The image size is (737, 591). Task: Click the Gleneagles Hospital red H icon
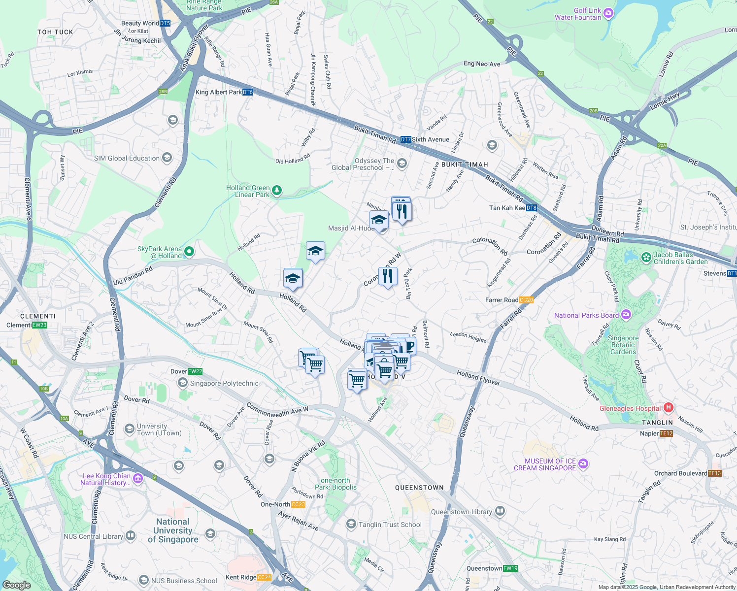[668, 408]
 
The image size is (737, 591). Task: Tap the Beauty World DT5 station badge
[165, 23]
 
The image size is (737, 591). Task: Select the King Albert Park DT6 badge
[247, 92]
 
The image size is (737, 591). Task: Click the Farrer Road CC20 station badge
[526, 300]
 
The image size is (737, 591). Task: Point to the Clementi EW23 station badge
[39, 325]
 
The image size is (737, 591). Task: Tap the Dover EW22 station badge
[195, 371]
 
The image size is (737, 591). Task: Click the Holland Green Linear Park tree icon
[277, 191]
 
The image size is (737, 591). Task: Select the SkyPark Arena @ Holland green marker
[189, 252]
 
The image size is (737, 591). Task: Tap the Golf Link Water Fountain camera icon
[608, 13]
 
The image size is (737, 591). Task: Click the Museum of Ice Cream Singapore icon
[583, 464]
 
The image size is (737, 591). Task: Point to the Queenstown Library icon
[500, 511]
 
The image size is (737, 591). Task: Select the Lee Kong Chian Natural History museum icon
[138, 479]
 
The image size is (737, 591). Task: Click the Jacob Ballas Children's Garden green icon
[646, 258]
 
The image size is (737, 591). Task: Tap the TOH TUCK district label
[55, 32]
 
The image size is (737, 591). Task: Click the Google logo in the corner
[16, 585]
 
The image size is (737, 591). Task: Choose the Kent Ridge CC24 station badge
[264, 577]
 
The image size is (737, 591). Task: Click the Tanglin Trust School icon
[351, 524]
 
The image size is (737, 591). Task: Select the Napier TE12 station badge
[666, 433]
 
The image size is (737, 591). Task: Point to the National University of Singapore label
[173, 530]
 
